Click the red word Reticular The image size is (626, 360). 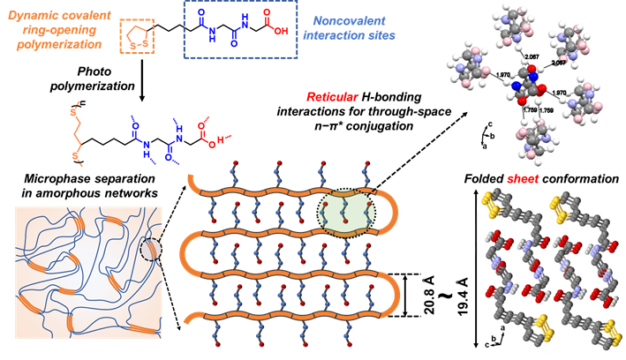(x=333, y=96)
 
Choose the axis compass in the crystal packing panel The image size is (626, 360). (x=483, y=334)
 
